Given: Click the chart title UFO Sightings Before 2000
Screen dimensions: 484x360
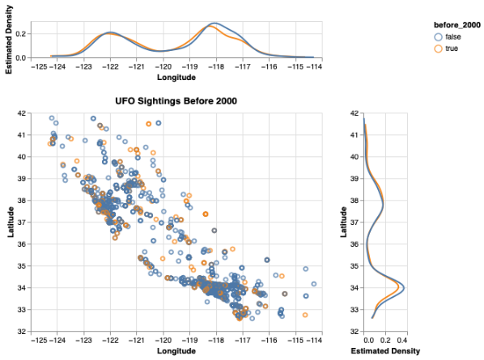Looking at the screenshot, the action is (x=176, y=101).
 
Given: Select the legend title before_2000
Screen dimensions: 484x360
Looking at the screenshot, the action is (x=456, y=25).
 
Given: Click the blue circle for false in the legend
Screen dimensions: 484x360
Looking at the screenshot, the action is (x=439, y=37).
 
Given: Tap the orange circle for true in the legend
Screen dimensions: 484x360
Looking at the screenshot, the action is (x=439, y=49).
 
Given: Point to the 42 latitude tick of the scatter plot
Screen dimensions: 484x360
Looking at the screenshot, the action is (x=22, y=113).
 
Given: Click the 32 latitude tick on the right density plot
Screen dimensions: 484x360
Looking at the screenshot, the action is (x=355, y=332).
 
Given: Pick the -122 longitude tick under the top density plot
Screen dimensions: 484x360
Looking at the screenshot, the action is (x=110, y=66).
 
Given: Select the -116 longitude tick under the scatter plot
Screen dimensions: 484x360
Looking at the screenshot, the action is (x=269, y=341).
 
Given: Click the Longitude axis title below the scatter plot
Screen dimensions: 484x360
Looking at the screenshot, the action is (x=176, y=351).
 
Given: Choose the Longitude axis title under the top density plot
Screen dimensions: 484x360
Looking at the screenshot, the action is (x=176, y=77).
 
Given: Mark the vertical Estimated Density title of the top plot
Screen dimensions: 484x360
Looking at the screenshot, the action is (x=9, y=40).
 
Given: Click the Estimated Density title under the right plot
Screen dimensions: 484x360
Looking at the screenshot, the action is (x=385, y=351).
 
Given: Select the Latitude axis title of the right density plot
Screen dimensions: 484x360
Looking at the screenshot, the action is (x=343, y=222).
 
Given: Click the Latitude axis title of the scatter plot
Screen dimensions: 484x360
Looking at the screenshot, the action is (x=11, y=222).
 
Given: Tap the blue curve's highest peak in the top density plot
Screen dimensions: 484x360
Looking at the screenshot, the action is (x=214, y=23).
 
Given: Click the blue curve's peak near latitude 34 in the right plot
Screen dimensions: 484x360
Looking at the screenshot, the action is (x=404, y=288).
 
